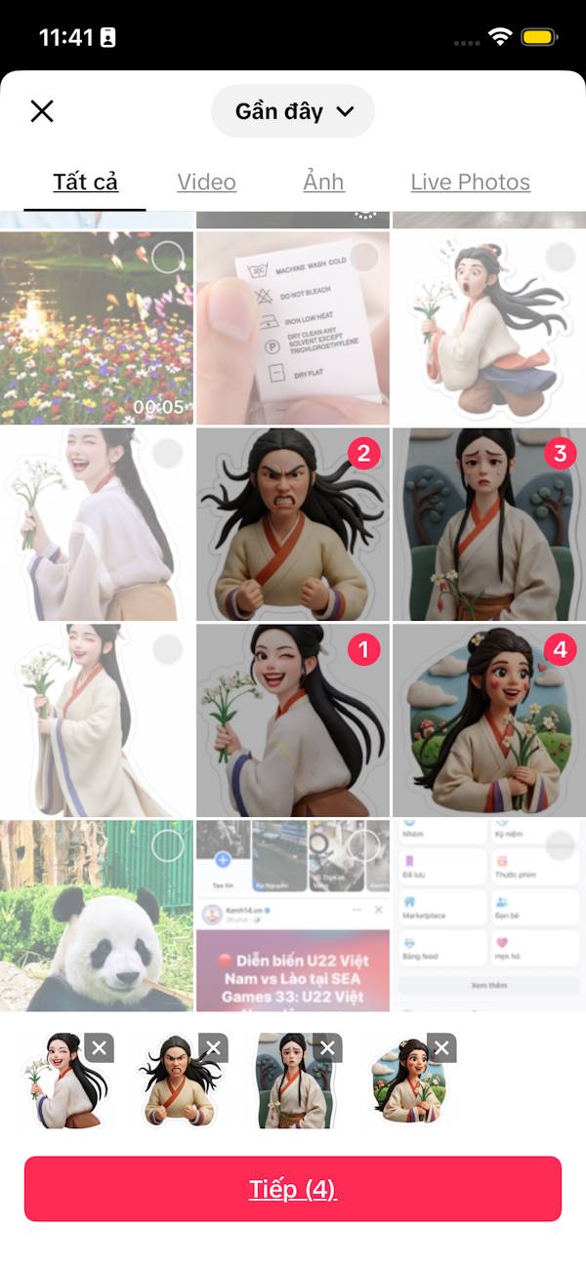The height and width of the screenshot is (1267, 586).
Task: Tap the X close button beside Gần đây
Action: click(x=42, y=111)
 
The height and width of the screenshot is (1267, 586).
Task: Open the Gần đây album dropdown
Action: click(x=293, y=111)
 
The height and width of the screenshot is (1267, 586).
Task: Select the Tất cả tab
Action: click(x=86, y=182)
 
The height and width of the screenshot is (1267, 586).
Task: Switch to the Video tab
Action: click(x=206, y=182)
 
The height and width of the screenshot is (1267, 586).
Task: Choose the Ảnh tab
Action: click(x=323, y=182)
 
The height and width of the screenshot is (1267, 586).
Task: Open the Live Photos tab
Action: click(x=470, y=182)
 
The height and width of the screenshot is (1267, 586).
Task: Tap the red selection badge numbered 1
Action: click(x=364, y=649)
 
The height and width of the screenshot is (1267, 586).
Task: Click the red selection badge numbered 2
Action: click(x=364, y=453)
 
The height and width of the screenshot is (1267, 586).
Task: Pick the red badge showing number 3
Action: click(x=560, y=453)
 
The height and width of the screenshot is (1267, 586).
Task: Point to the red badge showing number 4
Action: click(x=560, y=649)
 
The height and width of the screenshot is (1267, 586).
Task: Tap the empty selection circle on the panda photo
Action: click(x=168, y=845)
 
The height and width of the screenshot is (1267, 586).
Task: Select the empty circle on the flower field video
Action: click(x=168, y=258)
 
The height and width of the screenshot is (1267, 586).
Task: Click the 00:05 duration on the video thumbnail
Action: click(x=158, y=406)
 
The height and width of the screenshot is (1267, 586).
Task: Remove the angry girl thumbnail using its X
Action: click(x=213, y=1048)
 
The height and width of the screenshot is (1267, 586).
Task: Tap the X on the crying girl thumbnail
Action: click(x=327, y=1048)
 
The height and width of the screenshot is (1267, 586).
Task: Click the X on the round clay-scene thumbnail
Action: click(x=441, y=1048)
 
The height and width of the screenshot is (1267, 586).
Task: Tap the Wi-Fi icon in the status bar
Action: click(x=500, y=38)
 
